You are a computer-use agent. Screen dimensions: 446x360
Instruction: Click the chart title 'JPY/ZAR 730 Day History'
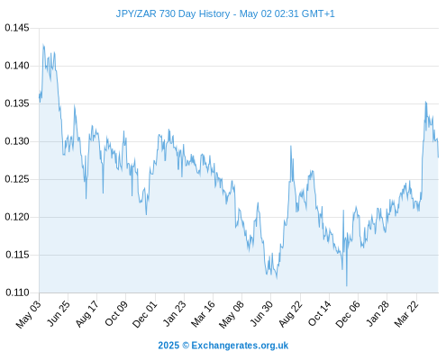click(173, 13)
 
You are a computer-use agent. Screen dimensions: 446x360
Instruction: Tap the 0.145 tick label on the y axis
click(17, 28)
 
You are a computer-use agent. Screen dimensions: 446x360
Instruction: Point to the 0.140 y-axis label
click(17, 66)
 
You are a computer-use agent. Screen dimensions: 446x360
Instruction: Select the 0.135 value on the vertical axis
click(17, 103)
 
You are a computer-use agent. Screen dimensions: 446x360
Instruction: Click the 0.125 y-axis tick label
click(17, 179)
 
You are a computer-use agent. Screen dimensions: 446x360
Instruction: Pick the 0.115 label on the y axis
click(17, 255)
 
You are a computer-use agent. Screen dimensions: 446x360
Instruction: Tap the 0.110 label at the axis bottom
click(17, 292)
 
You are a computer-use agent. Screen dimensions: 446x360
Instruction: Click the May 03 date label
click(29, 314)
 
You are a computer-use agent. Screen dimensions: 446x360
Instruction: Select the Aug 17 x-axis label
click(87, 313)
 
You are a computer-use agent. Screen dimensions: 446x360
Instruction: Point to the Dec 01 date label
click(145, 314)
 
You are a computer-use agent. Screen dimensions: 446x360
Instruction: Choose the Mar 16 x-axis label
click(204, 313)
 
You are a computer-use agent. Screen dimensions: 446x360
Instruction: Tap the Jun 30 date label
click(262, 313)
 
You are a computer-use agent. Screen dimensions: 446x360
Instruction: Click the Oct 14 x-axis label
click(320, 313)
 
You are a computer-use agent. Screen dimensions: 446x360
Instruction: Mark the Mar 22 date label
click(406, 313)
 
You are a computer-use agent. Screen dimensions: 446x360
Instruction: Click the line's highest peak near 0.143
click(43, 45)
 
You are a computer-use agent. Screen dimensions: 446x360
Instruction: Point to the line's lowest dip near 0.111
click(347, 286)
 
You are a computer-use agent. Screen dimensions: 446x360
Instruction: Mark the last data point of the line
click(438, 157)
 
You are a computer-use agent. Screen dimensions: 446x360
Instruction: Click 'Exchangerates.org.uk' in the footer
click(240, 346)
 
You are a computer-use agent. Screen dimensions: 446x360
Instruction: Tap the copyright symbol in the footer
click(186, 346)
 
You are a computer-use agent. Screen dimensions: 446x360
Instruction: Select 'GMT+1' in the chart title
click(318, 13)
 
